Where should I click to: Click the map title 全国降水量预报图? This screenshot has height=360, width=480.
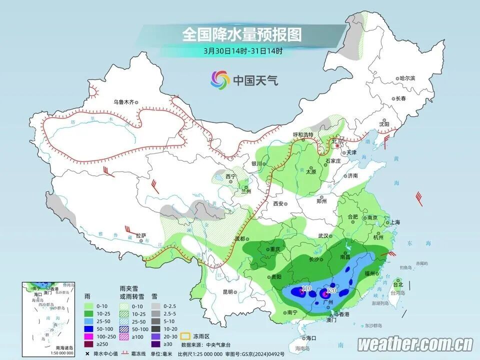(242, 34)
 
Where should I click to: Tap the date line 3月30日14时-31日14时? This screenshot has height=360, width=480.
(243, 50)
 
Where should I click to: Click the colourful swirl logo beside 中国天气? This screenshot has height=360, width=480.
(220, 79)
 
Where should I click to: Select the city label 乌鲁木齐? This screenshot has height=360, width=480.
(123, 102)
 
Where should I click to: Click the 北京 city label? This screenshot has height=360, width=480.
(338, 141)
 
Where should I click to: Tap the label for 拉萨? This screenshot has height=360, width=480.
(141, 235)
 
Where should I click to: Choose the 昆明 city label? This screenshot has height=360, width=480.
(228, 291)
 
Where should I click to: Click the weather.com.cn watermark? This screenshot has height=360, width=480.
(415, 344)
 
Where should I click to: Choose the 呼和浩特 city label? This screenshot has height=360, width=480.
(302, 134)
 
